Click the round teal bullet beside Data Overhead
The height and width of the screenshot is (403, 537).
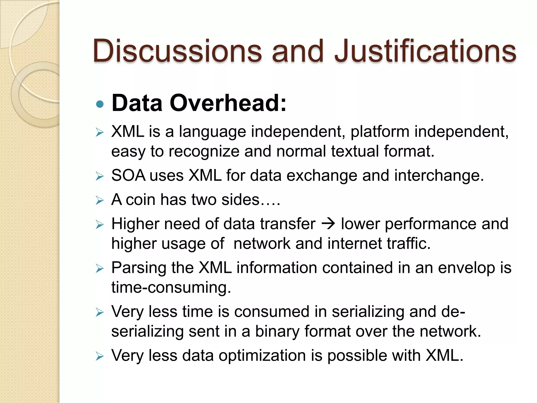tap(100, 104)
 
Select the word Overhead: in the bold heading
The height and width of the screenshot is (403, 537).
tap(228, 103)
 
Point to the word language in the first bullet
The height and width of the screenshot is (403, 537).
tap(212, 132)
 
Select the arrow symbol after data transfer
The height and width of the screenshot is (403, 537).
tap(328, 224)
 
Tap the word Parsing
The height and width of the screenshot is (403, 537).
tap(139, 268)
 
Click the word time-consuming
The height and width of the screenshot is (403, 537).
tap(171, 287)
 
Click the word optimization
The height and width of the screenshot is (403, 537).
tap(262, 356)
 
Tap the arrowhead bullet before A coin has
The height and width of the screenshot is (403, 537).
tap(100, 200)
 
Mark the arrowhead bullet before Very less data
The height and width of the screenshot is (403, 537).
tap(100, 356)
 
